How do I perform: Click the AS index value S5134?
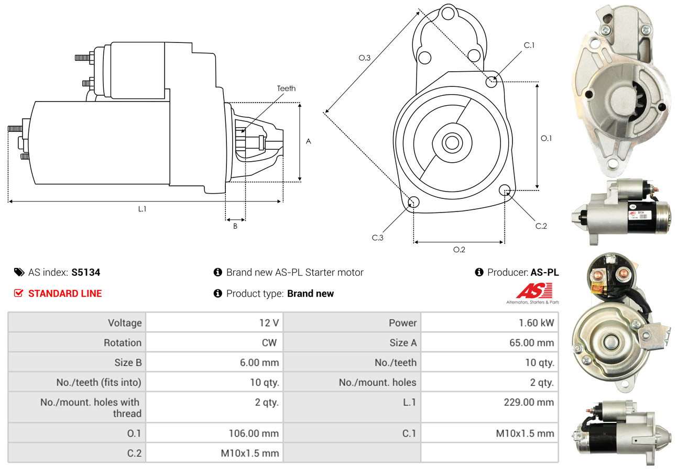click(x=85, y=272)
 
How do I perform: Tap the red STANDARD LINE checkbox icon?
click(x=18, y=293)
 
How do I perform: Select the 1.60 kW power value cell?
click(x=489, y=323)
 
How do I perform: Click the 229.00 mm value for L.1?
click(x=529, y=402)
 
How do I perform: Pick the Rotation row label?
click(x=123, y=343)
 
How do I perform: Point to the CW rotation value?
click(x=269, y=343)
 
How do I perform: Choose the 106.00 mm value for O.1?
click(x=254, y=433)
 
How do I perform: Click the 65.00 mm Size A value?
click(x=532, y=343)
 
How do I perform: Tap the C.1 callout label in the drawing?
click(x=529, y=46)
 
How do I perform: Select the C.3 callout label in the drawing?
click(x=377, y=238)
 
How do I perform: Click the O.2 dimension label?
click(x=459, y=250)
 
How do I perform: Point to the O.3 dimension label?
click(x=365, y=58)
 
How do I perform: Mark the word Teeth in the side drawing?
click(x=286, y=88)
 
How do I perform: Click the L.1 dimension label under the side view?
click(x=142, y=209)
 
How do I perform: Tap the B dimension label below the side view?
click(x=235, y=226)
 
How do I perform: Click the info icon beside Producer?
click(x=479, y=272)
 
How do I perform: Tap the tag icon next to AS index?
click(x=19, y=272)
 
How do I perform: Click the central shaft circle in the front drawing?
click(x=452, y=143)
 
